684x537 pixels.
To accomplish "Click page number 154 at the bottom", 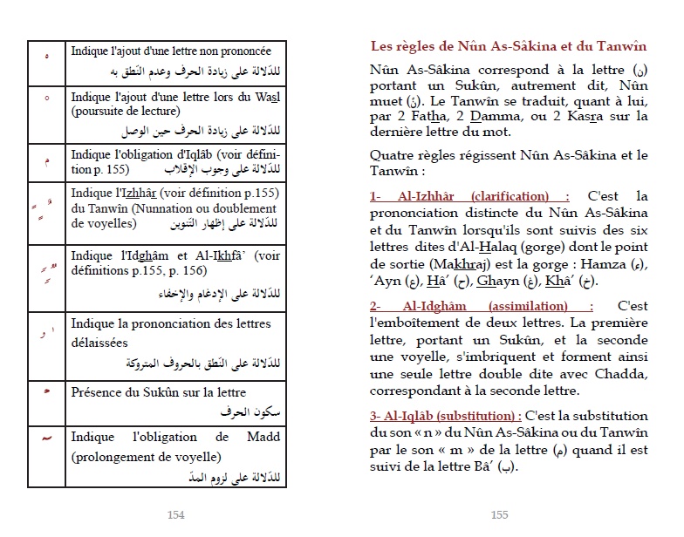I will pos(175,515).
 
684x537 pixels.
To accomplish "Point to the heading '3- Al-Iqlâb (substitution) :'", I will pos(446,416).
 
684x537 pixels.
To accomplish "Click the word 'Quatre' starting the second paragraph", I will pos(391,156).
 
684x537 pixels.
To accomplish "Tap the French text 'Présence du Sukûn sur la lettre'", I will pos(159,392).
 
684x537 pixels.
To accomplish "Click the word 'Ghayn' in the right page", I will pos(537,282).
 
